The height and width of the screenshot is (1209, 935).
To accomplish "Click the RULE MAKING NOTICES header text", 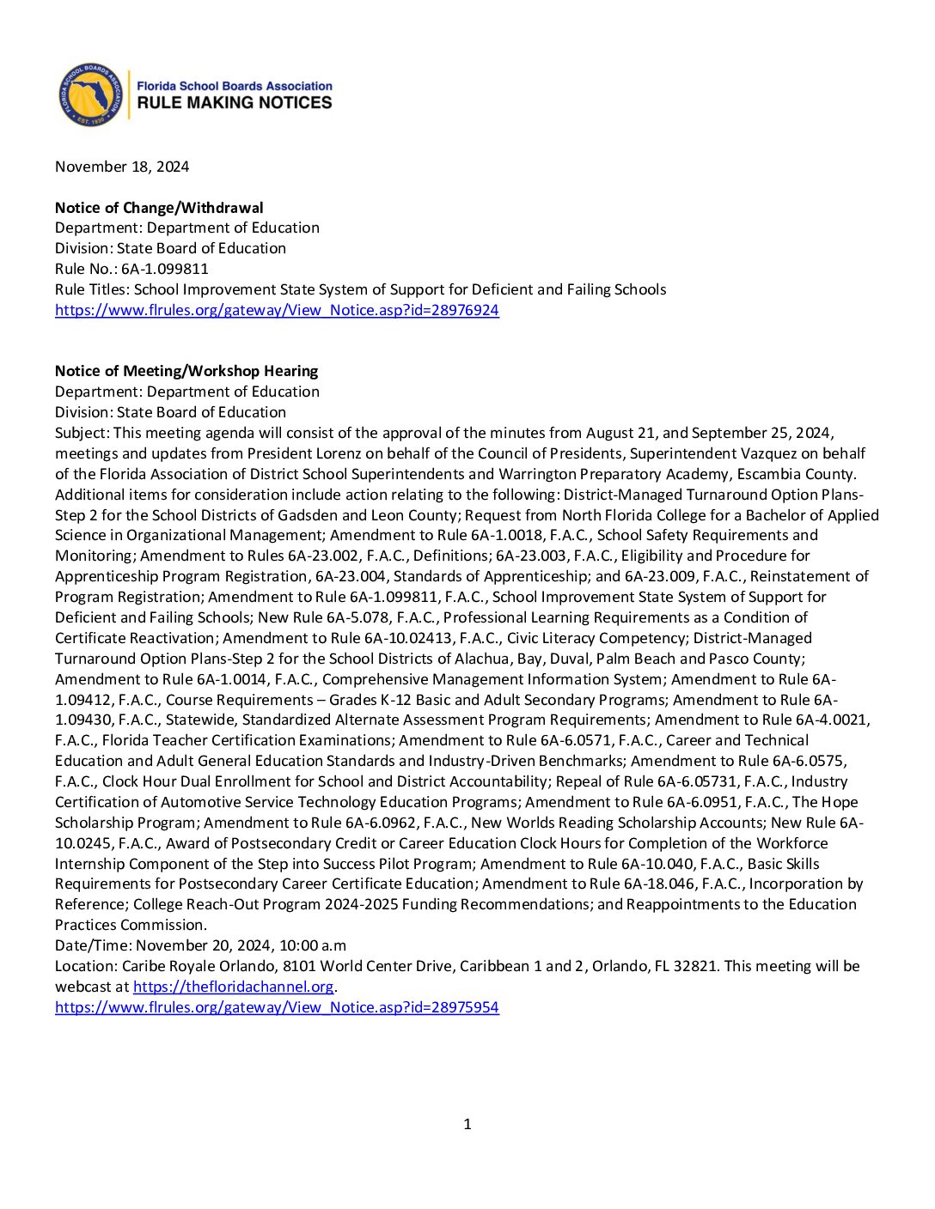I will pyautogui.click(x=235, y=103).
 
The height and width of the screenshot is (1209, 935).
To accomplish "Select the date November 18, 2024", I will pyautogui.click(x=122, y=167).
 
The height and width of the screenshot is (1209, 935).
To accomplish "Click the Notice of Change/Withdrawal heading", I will pyautogui.click(x=159, y=208).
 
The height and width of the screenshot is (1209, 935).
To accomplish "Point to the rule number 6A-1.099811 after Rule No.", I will pyautogui.click(x=165, y=269).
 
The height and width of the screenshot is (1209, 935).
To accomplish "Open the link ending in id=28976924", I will pyautogui.click(x=277, y=310).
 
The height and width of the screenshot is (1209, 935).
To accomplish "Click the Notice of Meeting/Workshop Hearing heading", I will pyautogui.click(x=186, y=371).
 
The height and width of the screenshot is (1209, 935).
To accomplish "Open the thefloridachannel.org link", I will pyautogui.click(x=233, y=987).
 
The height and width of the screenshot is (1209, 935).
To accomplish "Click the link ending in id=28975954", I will pyautogui.click(x=277, y=1007).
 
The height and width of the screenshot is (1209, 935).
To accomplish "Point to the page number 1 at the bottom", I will pyautogui.click(x=467, y=1124).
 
